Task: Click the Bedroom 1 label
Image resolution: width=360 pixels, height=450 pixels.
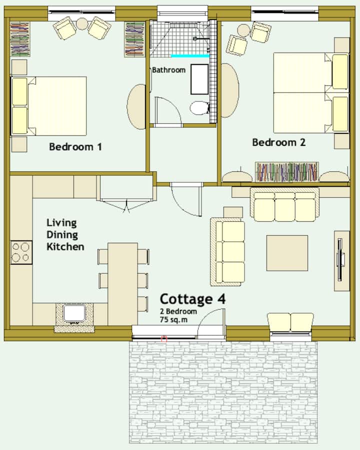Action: pyautogui.click(x=75, y=147)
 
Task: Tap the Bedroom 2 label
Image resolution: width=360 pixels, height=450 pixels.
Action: pyautogui.click(x=278, y=142)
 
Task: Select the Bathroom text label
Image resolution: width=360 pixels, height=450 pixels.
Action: pyautogui.click(x=168, y=70)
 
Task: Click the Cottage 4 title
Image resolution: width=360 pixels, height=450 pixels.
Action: pyautogui.click(x=192, y=299)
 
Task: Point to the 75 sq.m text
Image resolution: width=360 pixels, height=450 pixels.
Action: pyautogui.click(x=173, y=320)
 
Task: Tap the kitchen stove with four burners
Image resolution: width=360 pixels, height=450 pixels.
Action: pyautogui.click(x=21, y=253)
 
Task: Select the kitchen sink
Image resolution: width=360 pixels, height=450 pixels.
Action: pyautogui.click(x=74, y=313)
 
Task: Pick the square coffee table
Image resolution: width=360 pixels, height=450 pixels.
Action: pyautogui.click(x=287, y=253)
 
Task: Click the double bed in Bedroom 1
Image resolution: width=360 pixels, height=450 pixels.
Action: pyautogui.click(x=48, y=106)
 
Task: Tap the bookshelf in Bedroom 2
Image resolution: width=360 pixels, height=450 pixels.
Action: pyautogui.click(x=287, y=172)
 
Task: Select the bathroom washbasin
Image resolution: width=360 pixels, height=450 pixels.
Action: pyautogui.click(x=199, y=79)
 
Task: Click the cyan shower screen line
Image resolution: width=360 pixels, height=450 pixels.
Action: pyautogui.click(x=190, y=56)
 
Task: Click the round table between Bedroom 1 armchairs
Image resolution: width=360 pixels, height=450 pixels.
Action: pyautogui.click(x=82, y=24)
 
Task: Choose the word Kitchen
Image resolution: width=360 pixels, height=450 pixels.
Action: pyautogui.click(x=65, y=247)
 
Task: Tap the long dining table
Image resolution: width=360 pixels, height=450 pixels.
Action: pyautogui.click(x=122, y=284)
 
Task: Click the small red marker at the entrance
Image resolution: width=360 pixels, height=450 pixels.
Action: pyautogui.click(x=164, y=339)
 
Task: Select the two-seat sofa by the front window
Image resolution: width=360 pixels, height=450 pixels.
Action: pyautogui.click(x=290, y=323)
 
